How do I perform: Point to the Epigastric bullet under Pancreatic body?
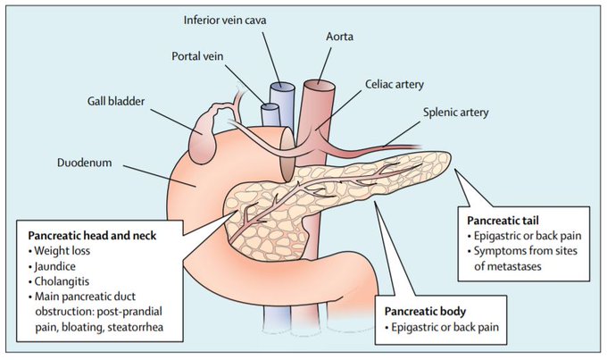tap(441, 329)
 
